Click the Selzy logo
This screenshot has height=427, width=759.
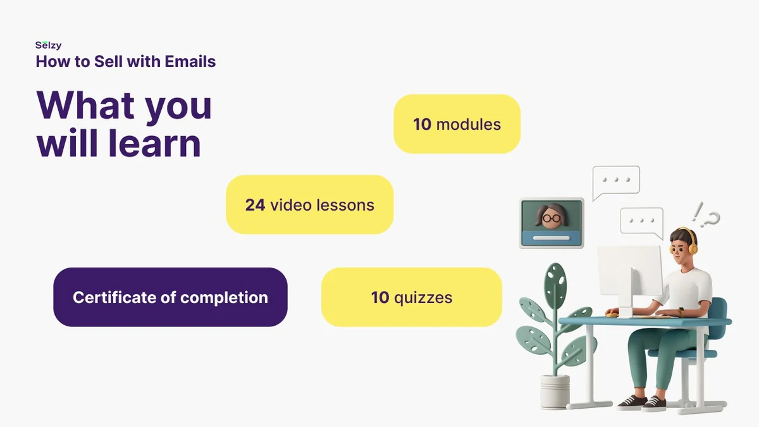(x=49, y=46)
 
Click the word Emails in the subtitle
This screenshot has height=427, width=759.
(x=190, y=61)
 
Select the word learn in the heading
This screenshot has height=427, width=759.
(x=154, y=144)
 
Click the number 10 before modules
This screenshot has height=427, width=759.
(x=422, y=125)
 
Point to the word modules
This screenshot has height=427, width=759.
(x=468, y=125)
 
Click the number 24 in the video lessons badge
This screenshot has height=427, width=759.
(x=255, y=205)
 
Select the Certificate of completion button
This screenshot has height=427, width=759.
(x=170, y=297)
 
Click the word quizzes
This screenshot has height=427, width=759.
(x=423, y=298)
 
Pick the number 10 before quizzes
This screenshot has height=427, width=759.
(x=380, y=297)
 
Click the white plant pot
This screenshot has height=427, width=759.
(x=555, y=391)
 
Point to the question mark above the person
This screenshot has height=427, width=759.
(x=712, y=220)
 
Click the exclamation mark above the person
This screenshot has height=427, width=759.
(x=697, y=212)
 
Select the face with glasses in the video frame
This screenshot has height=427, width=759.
(x=552, y=217)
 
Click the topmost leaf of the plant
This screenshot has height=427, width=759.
(x=555, y=282)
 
